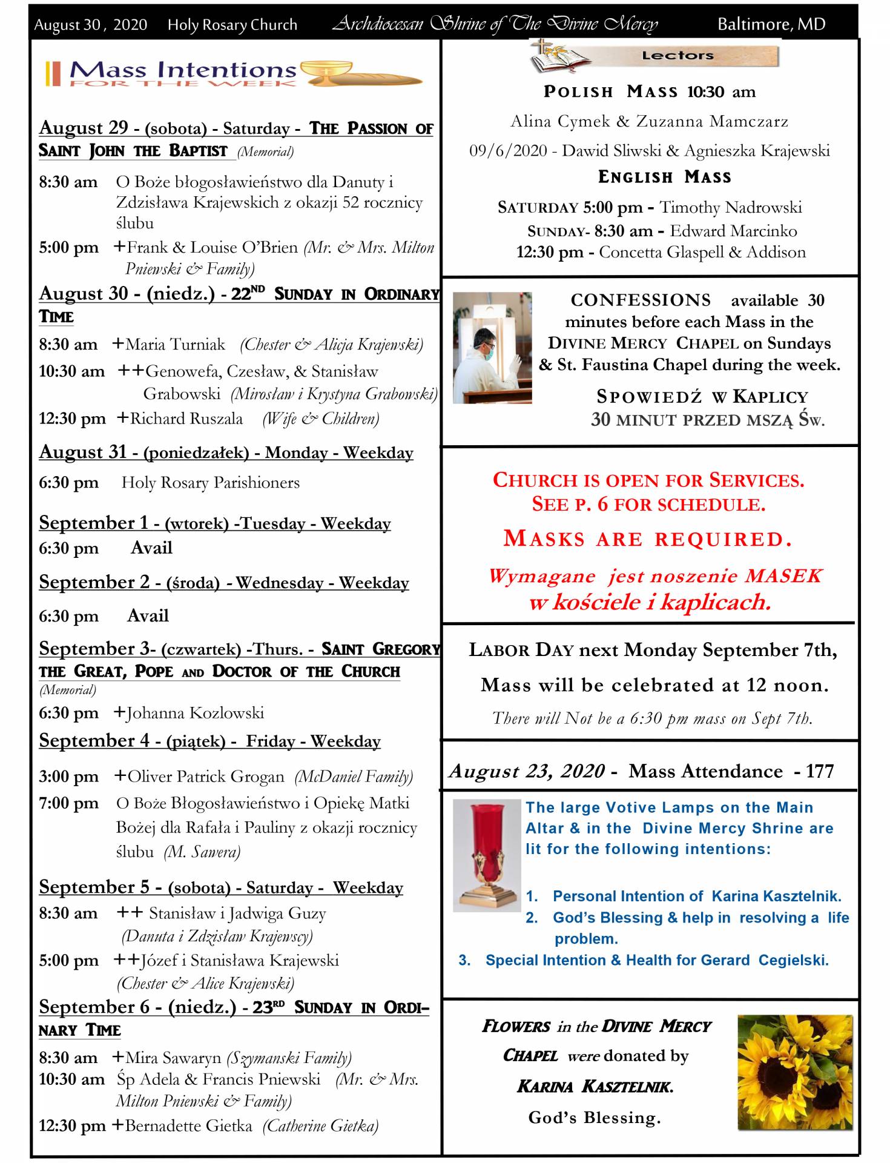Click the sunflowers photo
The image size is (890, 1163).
(x=794, y=1072)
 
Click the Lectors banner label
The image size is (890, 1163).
(x=677, y=56)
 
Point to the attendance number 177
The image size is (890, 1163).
(x=820, y=771)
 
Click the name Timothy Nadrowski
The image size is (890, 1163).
(x=730, y=207)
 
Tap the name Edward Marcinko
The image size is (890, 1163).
(x=733, y=231)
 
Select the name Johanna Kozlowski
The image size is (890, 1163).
(x=195, y=713)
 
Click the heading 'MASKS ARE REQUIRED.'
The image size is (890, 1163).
(x=648, y=538)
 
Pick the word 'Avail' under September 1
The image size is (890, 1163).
(x=151, y=548)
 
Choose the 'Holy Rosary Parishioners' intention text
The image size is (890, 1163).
(x=210, y=483)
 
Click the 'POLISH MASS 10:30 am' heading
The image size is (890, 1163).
(x=649, y=92)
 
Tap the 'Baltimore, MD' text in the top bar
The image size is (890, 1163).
(x=771, y=24)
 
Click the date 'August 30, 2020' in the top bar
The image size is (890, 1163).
(x=90, y=25)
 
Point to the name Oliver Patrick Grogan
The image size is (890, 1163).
(x=205, y=777)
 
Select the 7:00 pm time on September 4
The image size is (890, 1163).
(x=68, y=803)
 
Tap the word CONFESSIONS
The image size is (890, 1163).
(x=641, y=300)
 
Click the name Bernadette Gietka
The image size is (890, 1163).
(x=188, y=1126)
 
